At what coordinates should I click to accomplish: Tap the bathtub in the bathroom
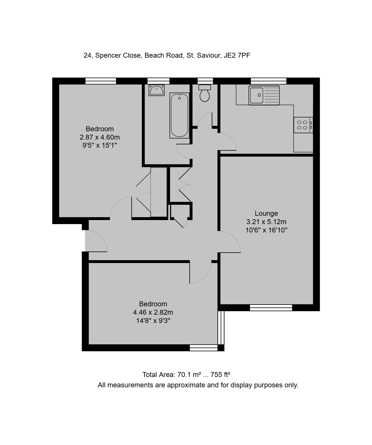(180, 115)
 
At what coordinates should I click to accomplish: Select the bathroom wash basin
(157, 90)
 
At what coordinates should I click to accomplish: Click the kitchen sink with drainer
(264, 95)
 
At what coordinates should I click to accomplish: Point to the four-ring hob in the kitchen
(303, 125)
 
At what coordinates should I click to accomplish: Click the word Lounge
(266, 213)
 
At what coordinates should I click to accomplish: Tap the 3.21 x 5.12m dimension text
(266, 222)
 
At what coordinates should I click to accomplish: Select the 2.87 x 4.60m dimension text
(100, 137)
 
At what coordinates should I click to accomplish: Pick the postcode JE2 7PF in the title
(237, 55)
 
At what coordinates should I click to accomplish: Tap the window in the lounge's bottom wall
(271, 307)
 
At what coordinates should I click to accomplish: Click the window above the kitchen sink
(269, 81)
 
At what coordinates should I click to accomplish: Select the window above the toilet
(205, 81)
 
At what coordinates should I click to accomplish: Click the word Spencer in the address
(107, 55)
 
